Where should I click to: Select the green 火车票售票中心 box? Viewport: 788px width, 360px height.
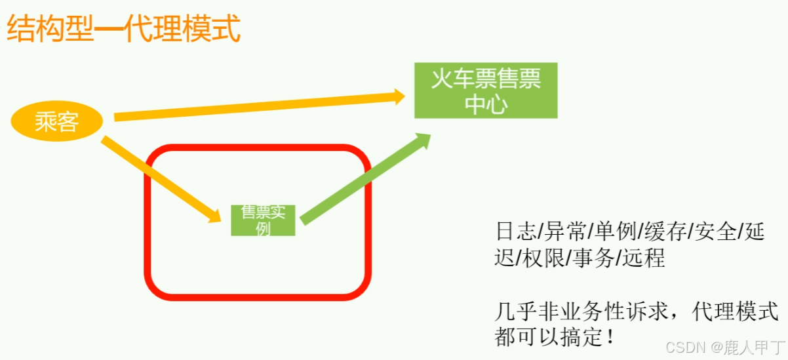coord(486,90)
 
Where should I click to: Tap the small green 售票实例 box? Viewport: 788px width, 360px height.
coord(263,220)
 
